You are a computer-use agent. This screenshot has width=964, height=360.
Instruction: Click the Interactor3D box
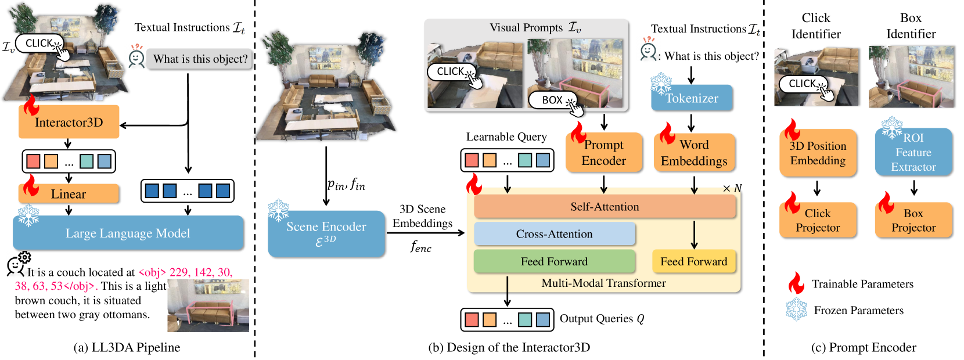pyautogui.click(x=69, y=122)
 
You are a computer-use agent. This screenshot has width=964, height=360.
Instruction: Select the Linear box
pyautogui.click(x=69, y=194)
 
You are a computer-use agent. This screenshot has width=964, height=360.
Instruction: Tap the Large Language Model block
pyautogui.click(x=128, y=233)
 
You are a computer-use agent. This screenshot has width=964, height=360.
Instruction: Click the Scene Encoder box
pyautogui.click(x=326, y=233)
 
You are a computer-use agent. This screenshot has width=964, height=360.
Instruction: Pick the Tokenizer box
pyautogui.click(x=692, y=98)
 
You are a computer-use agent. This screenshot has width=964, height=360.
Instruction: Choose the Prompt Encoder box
pyautogui.click(x=604, y=153)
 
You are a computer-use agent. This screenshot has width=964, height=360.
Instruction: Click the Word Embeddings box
pyautogui.click(x=694, y=153)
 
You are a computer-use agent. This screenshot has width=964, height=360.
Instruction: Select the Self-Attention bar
pyautogui.click(x=605, y=207)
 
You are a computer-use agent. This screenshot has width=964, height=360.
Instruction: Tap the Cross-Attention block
pyautogui.click(x=554, y=234)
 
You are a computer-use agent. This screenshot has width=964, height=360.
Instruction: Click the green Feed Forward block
pyautogui.click(x=554, y=261)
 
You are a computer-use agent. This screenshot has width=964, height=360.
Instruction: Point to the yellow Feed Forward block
pyautogui.click(x=694, y=261)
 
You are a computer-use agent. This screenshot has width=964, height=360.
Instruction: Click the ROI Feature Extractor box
pyautogui.click(x=913, y=152)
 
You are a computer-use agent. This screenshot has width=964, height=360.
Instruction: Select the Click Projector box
pyautogui.click(x=818, y=220)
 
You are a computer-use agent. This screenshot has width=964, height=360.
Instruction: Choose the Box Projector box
pyautogui.click(x=913, y=220)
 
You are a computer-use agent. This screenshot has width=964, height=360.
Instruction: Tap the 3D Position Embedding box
pyautogui.click(x=818, y=153)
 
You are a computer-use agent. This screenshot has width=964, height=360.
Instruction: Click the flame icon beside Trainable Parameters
pyautogui.click(x=796, y=283)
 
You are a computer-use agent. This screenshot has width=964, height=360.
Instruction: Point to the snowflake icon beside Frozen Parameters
pyautogui.click(x=797, y=309)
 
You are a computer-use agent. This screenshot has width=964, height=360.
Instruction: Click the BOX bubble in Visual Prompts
pyautogui.click(x=553, y=100)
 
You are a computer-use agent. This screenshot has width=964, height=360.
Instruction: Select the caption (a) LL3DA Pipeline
pyautogui.click(x=127, y=348)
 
